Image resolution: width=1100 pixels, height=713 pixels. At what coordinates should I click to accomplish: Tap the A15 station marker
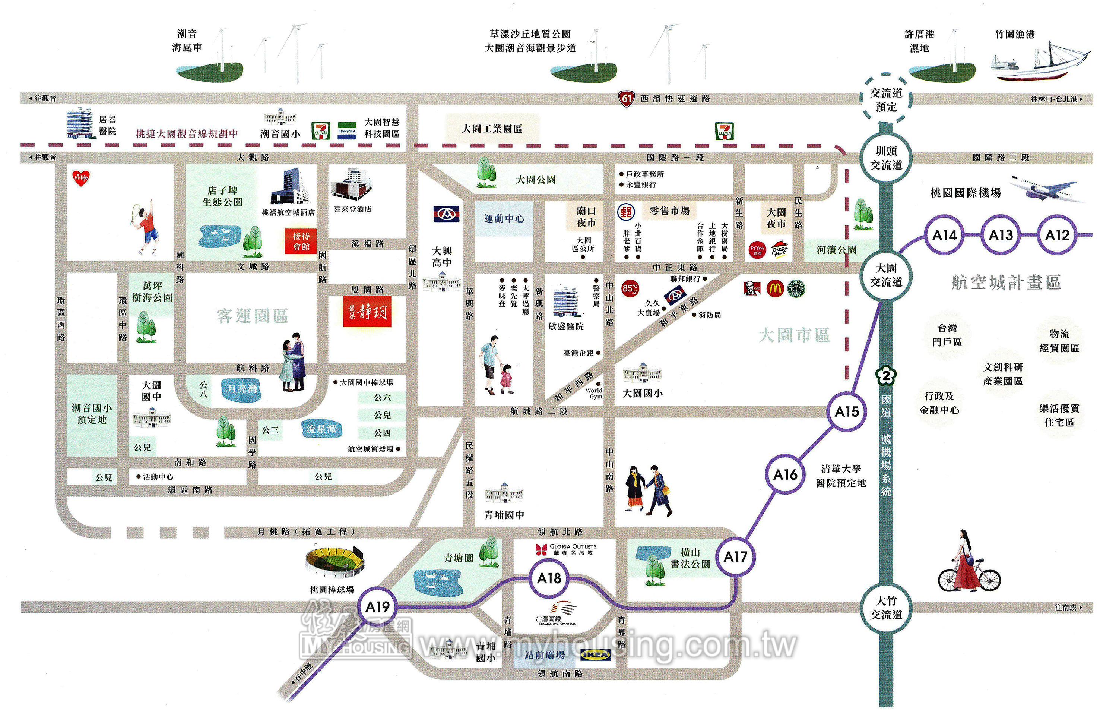846,411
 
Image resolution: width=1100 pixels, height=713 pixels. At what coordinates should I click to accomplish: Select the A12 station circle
1058,235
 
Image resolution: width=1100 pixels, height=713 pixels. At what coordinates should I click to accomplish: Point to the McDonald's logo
775,288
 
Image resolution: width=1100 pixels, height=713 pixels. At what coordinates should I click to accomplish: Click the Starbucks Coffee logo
796,288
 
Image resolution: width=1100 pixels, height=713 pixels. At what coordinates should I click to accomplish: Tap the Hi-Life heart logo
80,177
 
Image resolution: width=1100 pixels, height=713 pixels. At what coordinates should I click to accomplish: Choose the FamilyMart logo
347,131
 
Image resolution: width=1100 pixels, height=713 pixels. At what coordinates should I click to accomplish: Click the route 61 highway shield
626,98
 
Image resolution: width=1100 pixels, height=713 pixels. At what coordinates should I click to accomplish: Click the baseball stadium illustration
335,561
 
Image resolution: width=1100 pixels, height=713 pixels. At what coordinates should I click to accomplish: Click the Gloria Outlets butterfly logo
541,549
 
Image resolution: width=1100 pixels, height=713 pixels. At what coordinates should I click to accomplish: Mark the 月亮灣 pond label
242,388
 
